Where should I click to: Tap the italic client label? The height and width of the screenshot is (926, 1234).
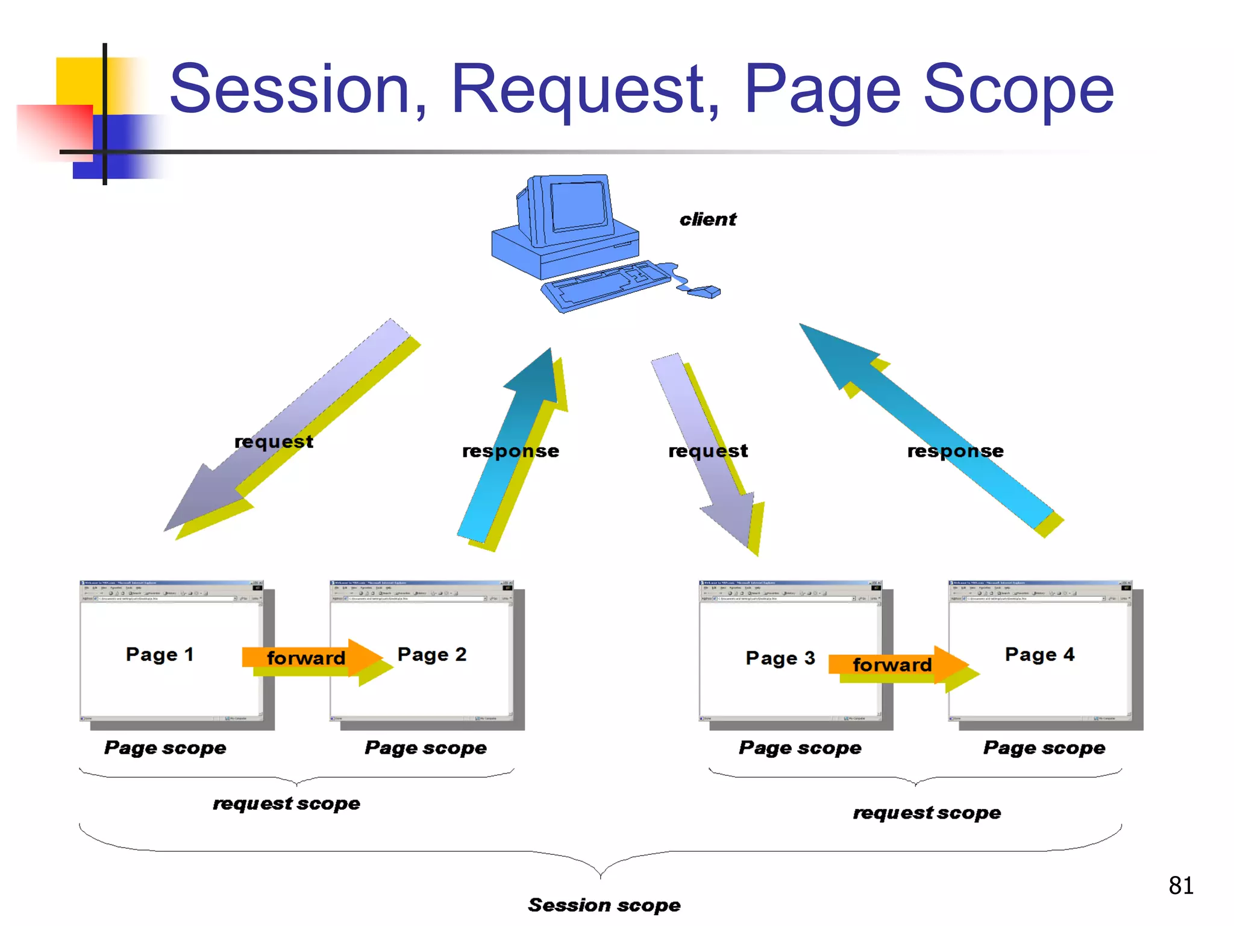click(x=707, y=219)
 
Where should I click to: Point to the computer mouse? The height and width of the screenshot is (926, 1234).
click(x=704, y=292)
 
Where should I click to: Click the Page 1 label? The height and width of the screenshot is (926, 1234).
click(x=160, y=654)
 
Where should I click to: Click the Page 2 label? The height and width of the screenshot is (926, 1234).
click(x=432, y=654)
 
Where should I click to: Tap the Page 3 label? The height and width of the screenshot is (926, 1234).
click(x=780, y=658)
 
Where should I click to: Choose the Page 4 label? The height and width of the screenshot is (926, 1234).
click(x=1039, y=654)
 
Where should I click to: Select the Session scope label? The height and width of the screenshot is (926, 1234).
click(x=604, y=905)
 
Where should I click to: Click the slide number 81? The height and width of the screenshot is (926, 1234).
click(x=1180, y=886)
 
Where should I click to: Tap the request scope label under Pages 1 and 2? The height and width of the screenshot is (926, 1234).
click(x=286, y=803)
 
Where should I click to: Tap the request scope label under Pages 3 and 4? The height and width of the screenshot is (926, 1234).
click(x=927, y=813)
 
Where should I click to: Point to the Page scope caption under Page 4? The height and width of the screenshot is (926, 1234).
click(x=1044, y=748)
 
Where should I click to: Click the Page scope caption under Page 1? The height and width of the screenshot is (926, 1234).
click(x=165, y=748)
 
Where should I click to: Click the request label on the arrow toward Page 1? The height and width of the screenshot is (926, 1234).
click(x=274, y=441)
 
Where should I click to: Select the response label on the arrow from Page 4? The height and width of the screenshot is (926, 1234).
click(x=955, y=451)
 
